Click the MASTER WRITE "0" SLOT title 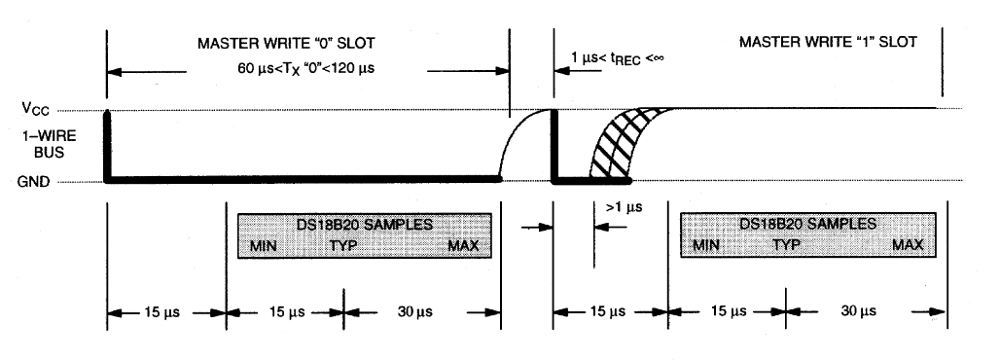tap(286, 44)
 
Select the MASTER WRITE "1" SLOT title tap(828, 42)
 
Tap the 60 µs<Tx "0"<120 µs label tap(306, 68)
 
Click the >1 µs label tap(624, 207)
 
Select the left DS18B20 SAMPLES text tap(365, 225)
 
